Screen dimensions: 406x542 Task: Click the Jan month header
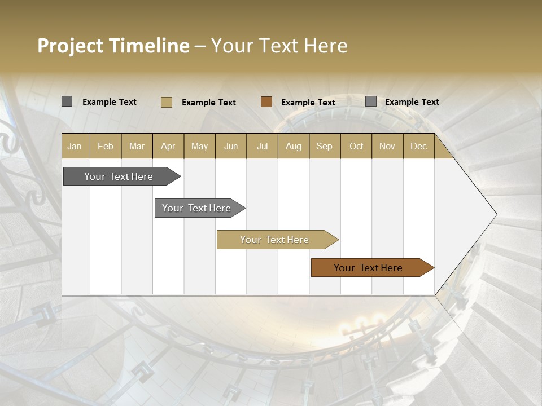[x=75, y=146]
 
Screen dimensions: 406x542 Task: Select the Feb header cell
[x=106, y=146]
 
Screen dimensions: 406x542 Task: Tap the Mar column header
[x=137, y=146]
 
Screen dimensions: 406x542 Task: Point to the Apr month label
[x=168, y=146]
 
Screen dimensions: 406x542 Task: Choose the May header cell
[x=199, y=146]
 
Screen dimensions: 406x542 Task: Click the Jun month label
[x=231, y=146]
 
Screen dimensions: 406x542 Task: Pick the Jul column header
[x=262, y=146]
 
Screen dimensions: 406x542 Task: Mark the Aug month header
[x=294, y=146]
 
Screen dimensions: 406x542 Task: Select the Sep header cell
[x=325, y=146]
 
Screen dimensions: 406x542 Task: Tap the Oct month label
[x=356, y=146]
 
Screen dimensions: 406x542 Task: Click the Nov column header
[x=387, y=146]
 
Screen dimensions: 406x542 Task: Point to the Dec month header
[x=419, y=146]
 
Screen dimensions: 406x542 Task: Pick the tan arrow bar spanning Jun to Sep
[x=275, y=240]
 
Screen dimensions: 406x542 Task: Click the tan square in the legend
[x=167, y=102]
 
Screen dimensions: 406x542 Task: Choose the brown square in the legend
[x=266, y=102]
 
